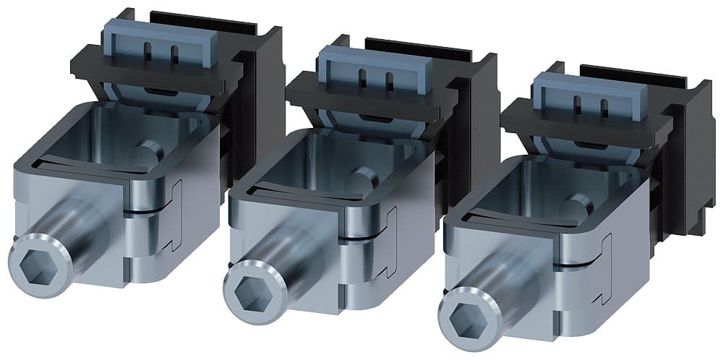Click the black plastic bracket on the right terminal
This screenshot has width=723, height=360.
pos(687,166)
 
